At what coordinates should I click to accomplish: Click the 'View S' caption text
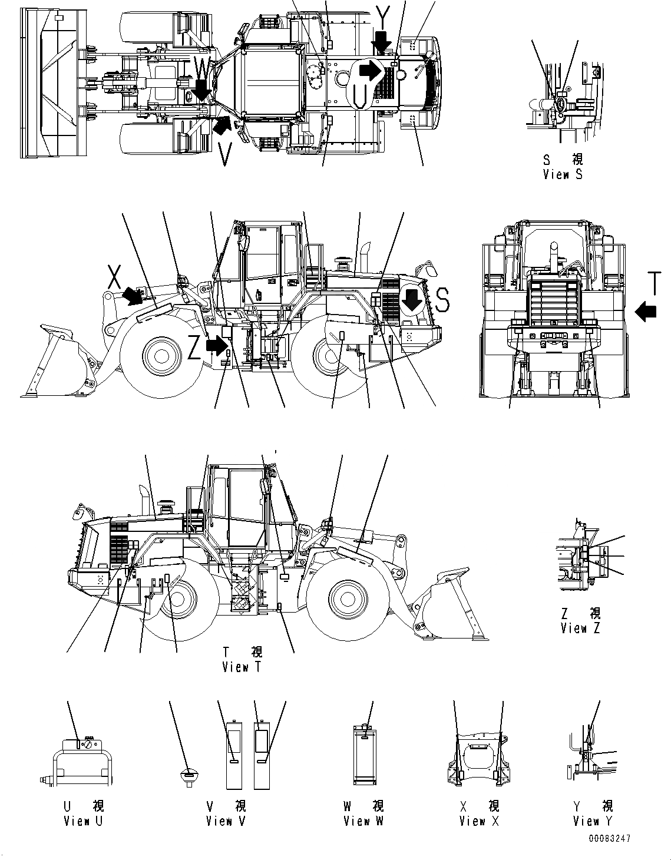563,175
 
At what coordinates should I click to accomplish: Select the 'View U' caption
83,821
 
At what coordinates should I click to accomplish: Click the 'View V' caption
226,821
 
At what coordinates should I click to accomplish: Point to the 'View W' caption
363,821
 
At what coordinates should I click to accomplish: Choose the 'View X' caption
479,821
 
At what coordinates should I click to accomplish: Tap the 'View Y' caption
593,821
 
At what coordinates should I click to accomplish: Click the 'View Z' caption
581,629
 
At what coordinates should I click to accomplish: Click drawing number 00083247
607,839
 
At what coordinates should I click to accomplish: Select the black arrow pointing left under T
646,310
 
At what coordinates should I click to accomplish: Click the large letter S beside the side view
442,300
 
